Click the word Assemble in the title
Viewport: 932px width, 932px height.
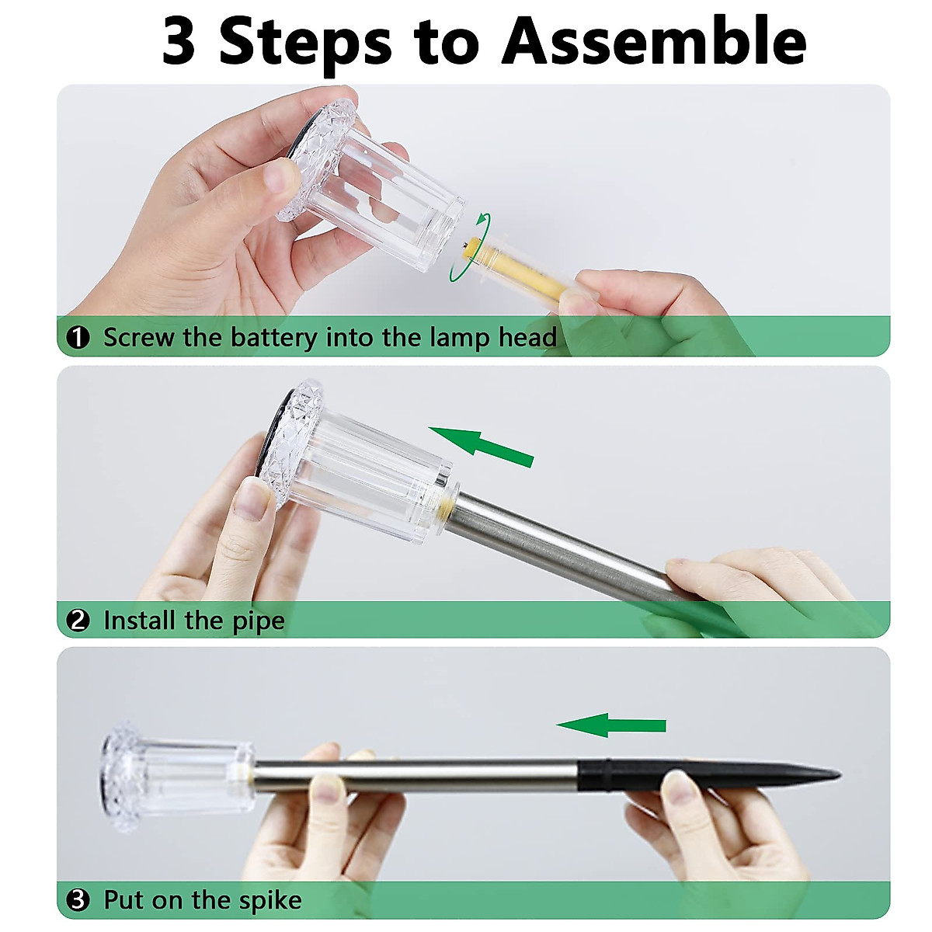tap(654, 42)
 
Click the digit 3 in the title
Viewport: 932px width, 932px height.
tap(179, 42)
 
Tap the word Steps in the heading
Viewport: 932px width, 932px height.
tap(306, 45)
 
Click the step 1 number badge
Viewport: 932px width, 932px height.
tap(78, 337)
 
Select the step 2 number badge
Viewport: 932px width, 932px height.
tap(78, 621)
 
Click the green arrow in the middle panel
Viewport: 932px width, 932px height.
tap(482, 447)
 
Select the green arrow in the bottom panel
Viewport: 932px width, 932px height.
tap(611, 725)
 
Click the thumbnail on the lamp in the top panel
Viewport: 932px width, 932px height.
tap(280, 176)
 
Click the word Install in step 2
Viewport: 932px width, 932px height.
tap(140, 621)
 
